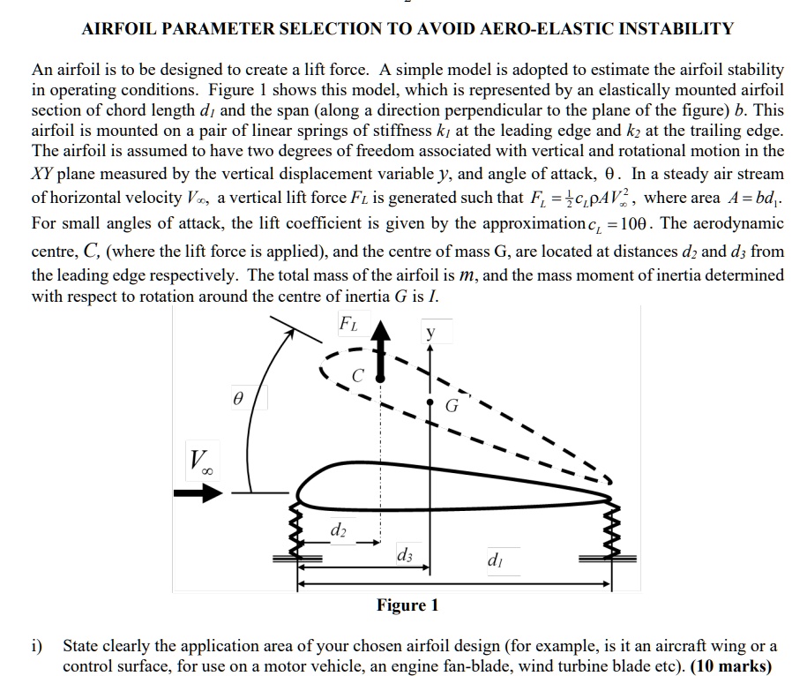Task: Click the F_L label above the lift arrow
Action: point(350,323)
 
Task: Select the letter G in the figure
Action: point(452,407)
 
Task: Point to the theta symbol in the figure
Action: point(237,399)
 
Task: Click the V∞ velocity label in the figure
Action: point(200,459)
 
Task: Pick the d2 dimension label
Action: point(337,530)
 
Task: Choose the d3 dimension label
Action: point(405,555)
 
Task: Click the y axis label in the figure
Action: point(430,334)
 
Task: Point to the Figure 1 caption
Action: point(407,605)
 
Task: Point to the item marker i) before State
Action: point(37,646)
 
